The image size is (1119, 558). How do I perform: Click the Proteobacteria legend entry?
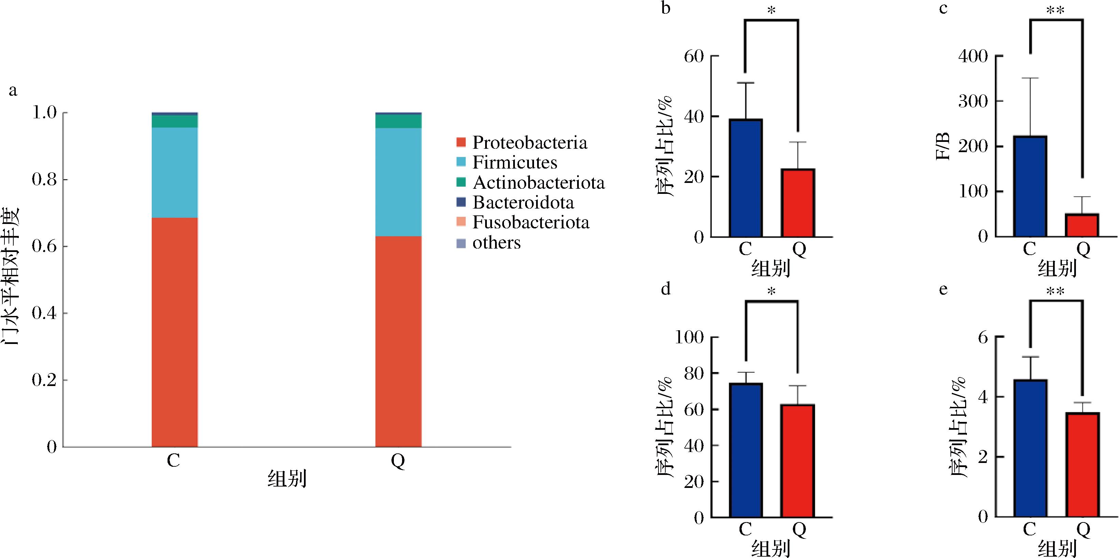coord(521,143)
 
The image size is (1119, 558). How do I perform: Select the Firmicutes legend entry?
coord(507,162)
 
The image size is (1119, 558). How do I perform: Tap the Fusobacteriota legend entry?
coord(523,223)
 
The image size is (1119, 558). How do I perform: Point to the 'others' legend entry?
coord(489,242)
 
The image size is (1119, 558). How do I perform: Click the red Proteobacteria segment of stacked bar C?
coord(175,332)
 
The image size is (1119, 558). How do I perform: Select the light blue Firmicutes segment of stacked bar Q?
coord(398,182)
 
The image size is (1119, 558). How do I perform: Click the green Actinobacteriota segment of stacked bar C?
coord(175,121)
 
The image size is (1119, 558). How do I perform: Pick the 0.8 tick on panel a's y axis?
coord(45,180)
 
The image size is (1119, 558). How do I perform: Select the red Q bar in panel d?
coord(798,461)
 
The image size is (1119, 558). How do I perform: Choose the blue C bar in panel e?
coord(1030,448)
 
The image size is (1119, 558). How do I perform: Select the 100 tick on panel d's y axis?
coord(689,337)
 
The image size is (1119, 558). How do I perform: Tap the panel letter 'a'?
coord(13,91)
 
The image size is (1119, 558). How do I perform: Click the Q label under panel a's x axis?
coord(398,461)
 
